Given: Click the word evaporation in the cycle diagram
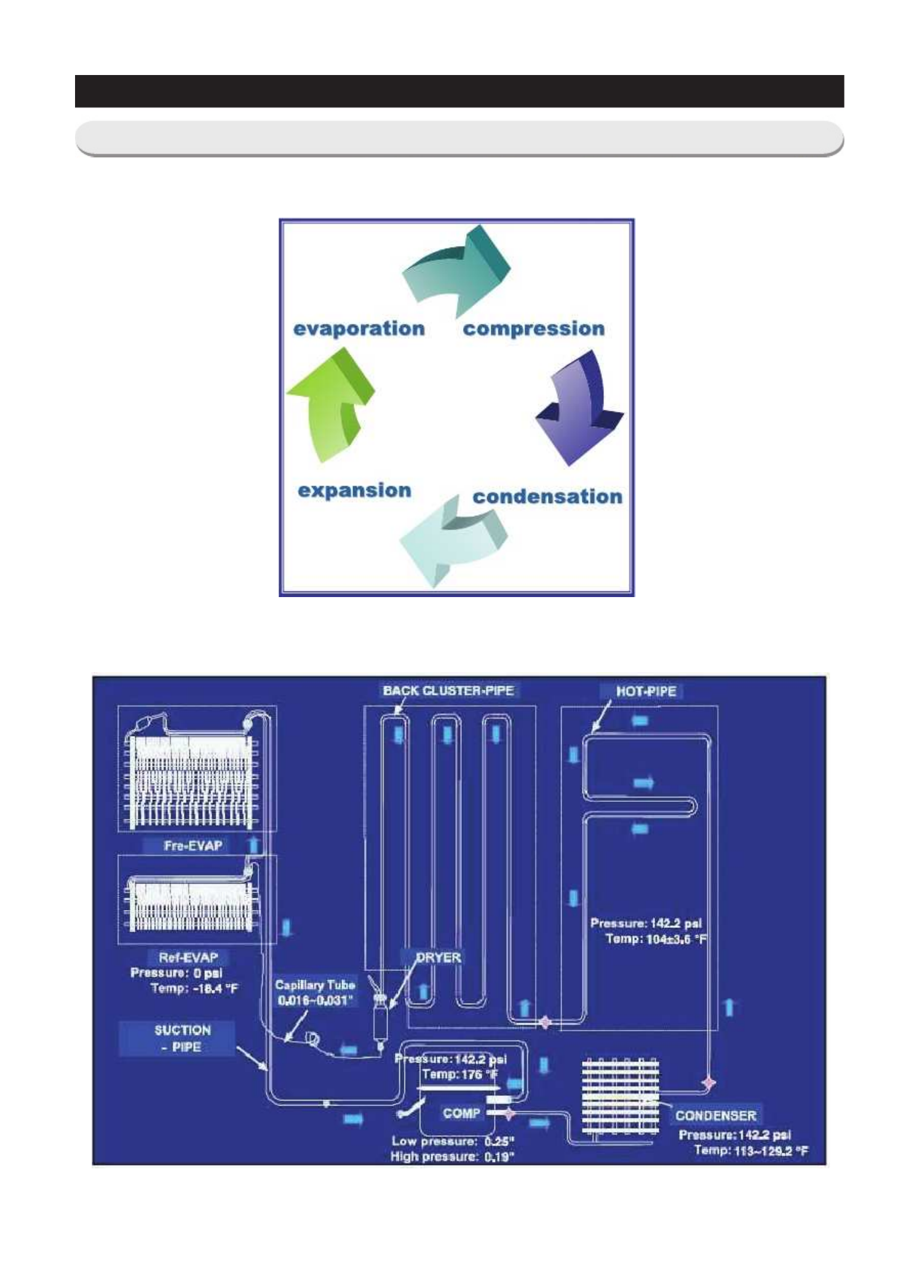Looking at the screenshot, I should [359, 328].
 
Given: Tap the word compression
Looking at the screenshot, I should [533, 328].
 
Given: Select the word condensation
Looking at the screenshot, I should [547, 496].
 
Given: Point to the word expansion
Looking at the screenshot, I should [354, 490].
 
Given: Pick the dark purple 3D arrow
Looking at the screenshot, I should [579, 407].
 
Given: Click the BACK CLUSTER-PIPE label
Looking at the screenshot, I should [448, 690].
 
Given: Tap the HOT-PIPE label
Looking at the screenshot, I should [645, 691].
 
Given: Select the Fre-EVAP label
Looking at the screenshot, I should [193, 845].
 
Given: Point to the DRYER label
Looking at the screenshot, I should [438, 957].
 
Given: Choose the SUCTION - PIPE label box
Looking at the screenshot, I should [182, 1039].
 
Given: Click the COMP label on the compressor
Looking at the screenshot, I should [461, 1113].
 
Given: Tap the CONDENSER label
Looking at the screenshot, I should [715, 1115].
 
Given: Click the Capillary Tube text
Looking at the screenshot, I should [315, 985].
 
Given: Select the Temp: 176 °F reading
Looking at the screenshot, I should [459, 1074].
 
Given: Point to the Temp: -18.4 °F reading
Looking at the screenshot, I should [194, 988].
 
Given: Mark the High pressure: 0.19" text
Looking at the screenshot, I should [452, 1157].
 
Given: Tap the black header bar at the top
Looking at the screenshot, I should [459, 91].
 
